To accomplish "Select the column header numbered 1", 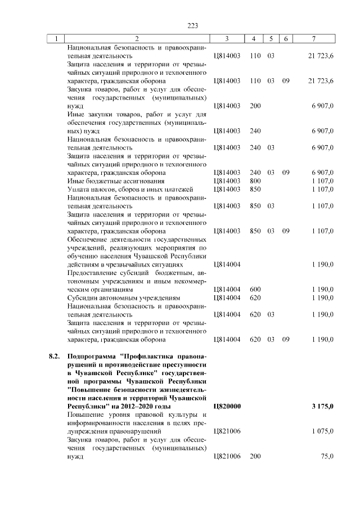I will [x=56, y=38].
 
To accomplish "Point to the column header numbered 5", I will [x=271, y=38].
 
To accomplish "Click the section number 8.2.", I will [x=54, y=357].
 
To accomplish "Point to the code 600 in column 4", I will [x=255, y=289].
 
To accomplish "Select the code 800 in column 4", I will [x=255, y=181].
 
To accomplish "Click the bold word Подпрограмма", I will [x=91, y=357].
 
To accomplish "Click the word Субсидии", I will [x=82, y=298].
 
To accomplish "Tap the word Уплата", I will [x=78, y=190].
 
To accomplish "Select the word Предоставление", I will [x=93, y=272].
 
